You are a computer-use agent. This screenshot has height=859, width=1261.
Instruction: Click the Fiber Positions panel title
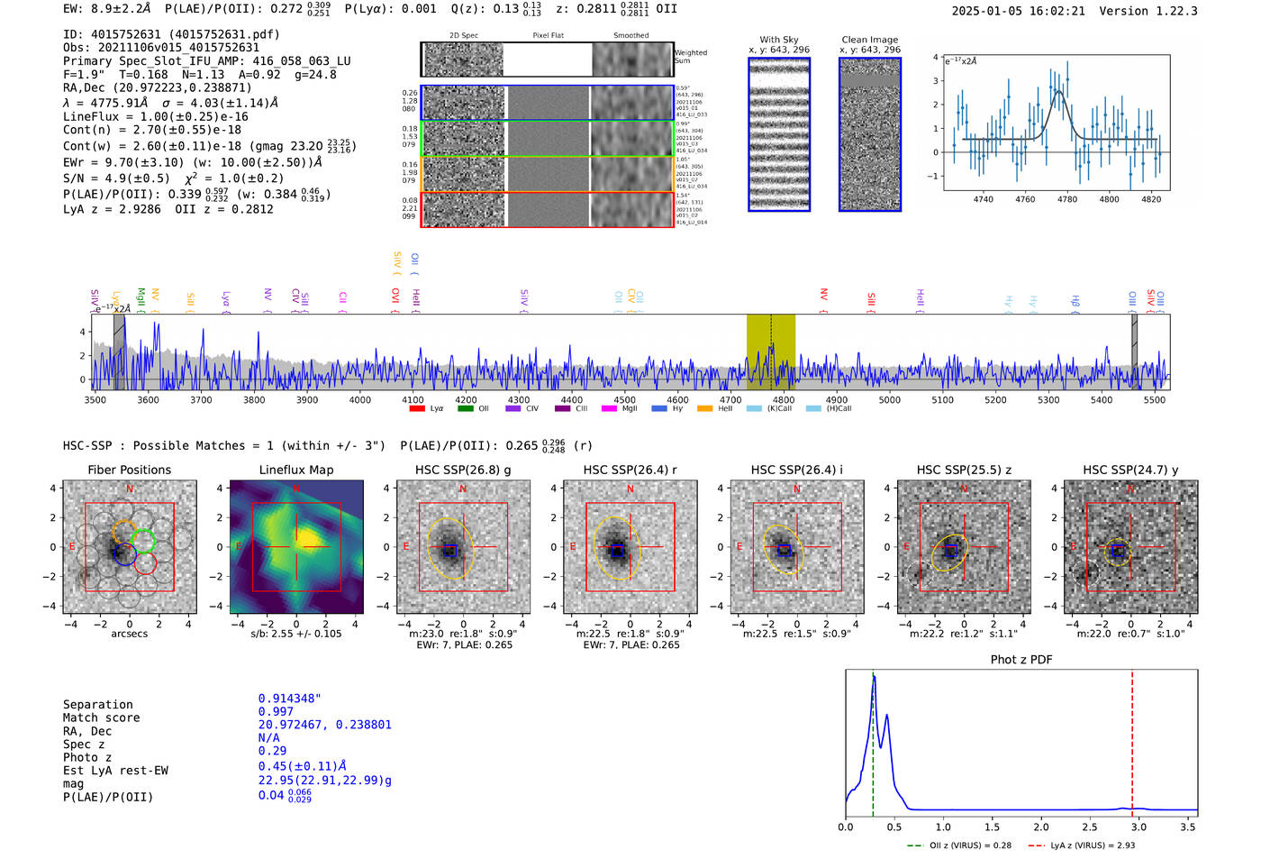click(129, 470)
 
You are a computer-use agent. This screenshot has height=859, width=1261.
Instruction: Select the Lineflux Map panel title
click(295, 470)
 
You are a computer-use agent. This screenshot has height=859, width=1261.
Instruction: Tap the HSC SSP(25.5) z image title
click(964, 470)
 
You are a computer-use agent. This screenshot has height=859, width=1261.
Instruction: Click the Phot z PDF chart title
click(1021, 660)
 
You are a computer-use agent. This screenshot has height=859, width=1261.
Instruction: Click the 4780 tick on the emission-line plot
click(1066, 199)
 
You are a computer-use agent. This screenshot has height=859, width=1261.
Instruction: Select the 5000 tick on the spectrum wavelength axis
click(889, 399)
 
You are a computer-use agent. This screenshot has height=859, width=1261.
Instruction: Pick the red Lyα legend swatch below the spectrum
click(417, 408)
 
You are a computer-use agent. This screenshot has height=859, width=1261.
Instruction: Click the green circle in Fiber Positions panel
click(143, 541)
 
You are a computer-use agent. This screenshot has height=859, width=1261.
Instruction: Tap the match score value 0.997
click(276, 711)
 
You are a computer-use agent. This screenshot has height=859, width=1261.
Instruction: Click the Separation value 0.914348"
click(289, 699)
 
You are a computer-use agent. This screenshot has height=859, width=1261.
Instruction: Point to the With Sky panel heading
click(778, 40)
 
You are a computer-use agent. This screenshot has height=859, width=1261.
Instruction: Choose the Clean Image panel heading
click(869, 40)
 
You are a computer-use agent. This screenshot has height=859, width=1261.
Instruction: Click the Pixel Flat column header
click(548, 36)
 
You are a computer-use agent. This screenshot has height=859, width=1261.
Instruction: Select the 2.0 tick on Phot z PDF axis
click(1040, 826)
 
